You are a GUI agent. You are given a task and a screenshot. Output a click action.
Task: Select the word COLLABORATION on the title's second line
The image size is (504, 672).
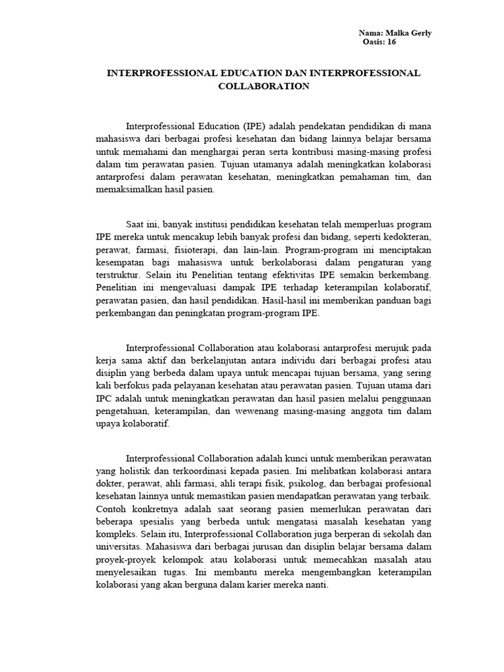pyautogui.click(x=264, y=86)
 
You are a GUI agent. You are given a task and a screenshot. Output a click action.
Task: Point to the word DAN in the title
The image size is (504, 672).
pyautogui.click(x=283, y=73)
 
